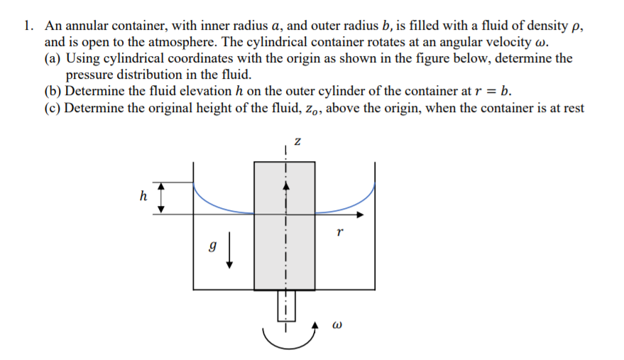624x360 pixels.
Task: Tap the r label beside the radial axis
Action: tap(340, 231)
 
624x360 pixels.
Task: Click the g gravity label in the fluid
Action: tap(211, 249)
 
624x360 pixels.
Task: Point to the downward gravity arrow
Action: tap(230, 253)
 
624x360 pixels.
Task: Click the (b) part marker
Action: tap(53, 91)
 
